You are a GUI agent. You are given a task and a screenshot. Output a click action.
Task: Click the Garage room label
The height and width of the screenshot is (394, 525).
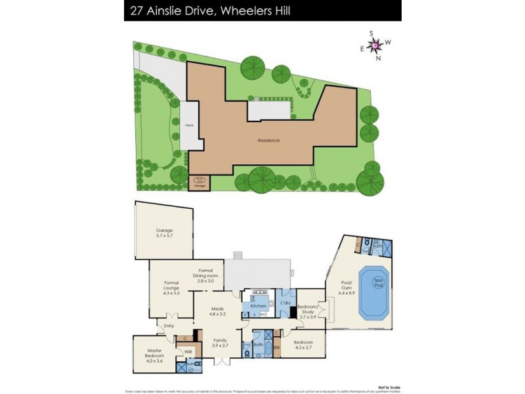pos(164,233)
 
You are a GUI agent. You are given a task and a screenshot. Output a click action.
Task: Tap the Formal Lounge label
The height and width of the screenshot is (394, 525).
pos(171,288)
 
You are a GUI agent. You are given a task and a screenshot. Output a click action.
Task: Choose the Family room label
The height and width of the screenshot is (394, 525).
pos(219,342)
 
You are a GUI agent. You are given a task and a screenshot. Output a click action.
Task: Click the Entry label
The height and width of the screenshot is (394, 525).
pos(169,326)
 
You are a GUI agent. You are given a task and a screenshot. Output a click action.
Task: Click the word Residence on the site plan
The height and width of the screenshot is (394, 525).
pos(269,140)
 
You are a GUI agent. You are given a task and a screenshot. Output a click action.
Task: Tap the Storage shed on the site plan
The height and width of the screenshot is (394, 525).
pos(199,184)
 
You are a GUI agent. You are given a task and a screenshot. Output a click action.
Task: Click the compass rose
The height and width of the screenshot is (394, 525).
pos(375,45)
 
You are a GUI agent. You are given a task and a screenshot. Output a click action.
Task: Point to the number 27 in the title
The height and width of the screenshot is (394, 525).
pos(138,11)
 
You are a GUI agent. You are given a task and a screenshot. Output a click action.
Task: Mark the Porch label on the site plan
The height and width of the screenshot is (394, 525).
pos(189,125)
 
